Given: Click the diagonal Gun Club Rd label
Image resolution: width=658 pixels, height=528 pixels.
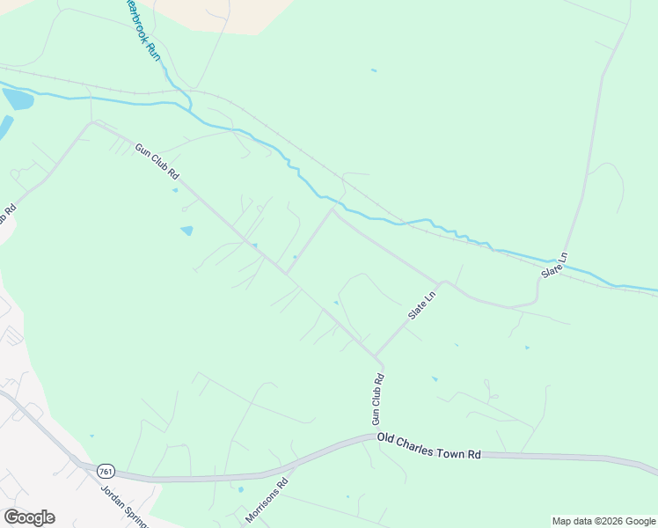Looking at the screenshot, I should tap(157, 163).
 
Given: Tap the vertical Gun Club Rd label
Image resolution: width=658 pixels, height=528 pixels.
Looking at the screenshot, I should tap(377, 400).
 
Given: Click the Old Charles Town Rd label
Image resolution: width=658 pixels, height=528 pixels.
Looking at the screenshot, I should tap(429, 444).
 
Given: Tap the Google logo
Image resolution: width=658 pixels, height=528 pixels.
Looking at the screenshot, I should tap(29, 517).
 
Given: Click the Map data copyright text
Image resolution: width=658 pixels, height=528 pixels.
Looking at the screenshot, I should tap(603, 521).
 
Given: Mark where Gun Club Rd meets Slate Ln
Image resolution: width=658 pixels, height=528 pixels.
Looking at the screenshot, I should tap(377, 358).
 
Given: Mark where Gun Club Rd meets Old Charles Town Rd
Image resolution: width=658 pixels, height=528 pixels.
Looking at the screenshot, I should tap(373, 434).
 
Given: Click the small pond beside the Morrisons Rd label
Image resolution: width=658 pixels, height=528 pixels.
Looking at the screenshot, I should tap(241, 489).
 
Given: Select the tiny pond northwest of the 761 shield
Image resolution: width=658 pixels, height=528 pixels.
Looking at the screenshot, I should tap(91, 435).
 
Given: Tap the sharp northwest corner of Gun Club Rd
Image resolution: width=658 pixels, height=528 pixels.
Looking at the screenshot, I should tap(91, 123).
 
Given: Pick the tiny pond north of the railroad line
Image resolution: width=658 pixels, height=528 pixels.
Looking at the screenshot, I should tap(374, 70).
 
